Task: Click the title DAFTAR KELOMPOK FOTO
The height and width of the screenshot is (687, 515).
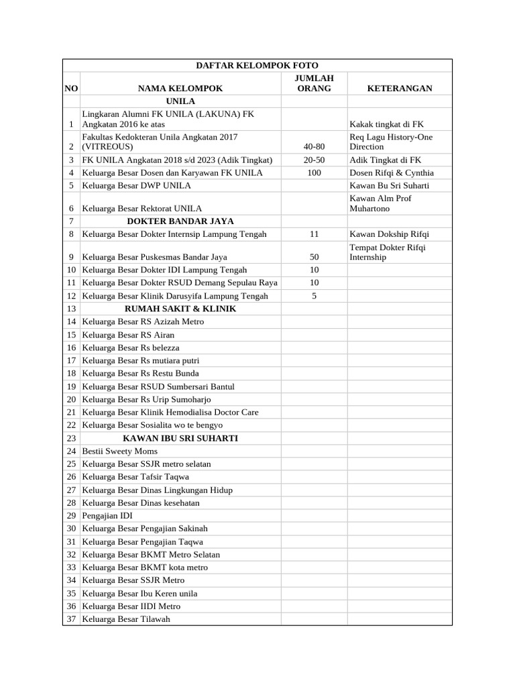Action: [257, 66]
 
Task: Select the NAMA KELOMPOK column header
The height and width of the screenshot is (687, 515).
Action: [180, 88]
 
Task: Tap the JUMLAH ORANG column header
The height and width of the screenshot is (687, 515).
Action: [314, 83]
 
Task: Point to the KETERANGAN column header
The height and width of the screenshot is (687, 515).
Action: [400, 88]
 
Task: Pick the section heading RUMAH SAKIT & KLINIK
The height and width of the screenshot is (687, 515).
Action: [180, 309]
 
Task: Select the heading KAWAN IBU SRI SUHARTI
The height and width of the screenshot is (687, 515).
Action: [180, 438]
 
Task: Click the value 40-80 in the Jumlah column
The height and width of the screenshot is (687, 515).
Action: [314, 146]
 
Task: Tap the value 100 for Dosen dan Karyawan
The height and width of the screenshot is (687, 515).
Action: [314, 172]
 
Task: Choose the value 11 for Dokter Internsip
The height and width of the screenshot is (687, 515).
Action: [314, 234]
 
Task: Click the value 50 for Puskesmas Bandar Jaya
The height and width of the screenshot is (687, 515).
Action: [314, 257]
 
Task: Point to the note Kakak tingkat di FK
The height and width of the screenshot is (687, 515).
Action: [386, 124]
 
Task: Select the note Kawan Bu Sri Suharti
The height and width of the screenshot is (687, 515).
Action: [389, 185]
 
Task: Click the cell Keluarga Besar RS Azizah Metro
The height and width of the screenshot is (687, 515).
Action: [143, 322]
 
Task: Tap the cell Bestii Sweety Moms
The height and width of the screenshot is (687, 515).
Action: [119, 452]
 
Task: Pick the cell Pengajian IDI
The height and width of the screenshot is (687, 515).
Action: [107, 515]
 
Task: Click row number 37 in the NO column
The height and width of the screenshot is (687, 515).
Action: [70, 619]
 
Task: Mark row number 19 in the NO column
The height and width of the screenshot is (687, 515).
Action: [70, 386]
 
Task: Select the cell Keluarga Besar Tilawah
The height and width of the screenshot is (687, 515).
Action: [126, 619]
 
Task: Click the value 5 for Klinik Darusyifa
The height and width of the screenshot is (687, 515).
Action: [314, 296]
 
